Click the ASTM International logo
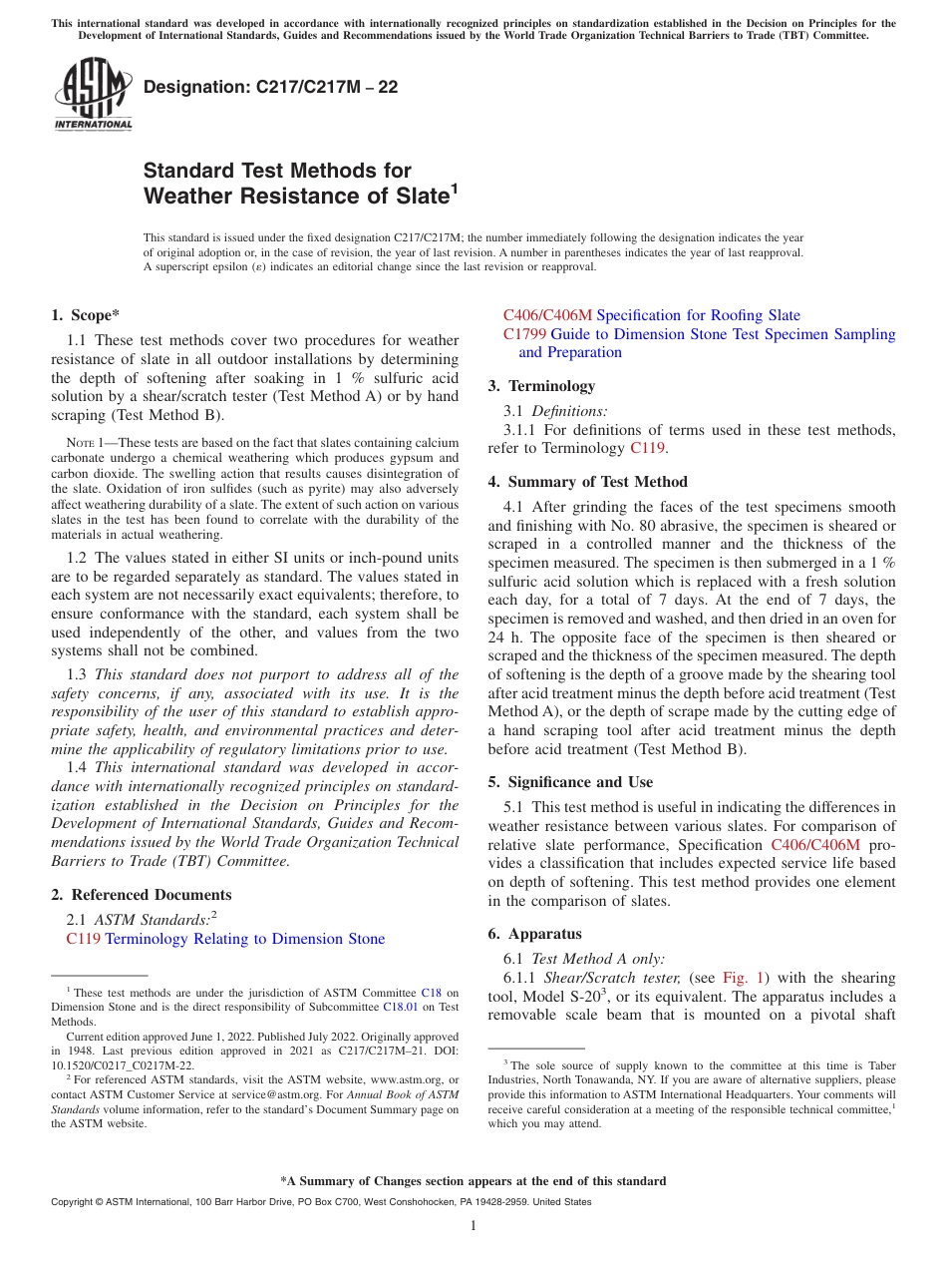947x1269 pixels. point(93,95)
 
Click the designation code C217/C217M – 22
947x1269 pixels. point(270,87)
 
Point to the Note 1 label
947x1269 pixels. point(86,443)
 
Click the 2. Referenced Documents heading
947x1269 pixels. point(141,895)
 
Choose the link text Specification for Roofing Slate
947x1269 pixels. point(698,315)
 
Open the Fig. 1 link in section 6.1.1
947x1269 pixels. point(743,979)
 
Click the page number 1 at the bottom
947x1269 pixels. point(473,1226)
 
